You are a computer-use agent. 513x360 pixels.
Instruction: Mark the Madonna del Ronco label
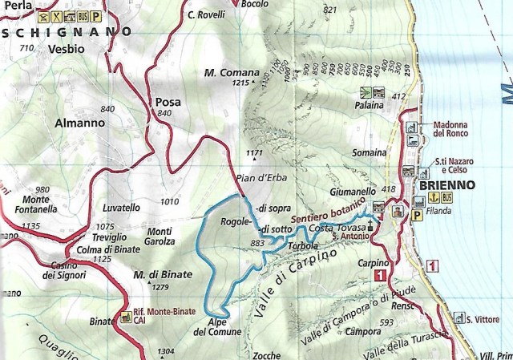(x=454, y=130)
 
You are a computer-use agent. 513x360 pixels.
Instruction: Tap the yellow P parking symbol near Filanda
(x=417, y=215)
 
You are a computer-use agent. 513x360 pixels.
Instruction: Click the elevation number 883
(x=257, y=243)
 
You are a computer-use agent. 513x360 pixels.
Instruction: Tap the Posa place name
(x=169, y=102)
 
